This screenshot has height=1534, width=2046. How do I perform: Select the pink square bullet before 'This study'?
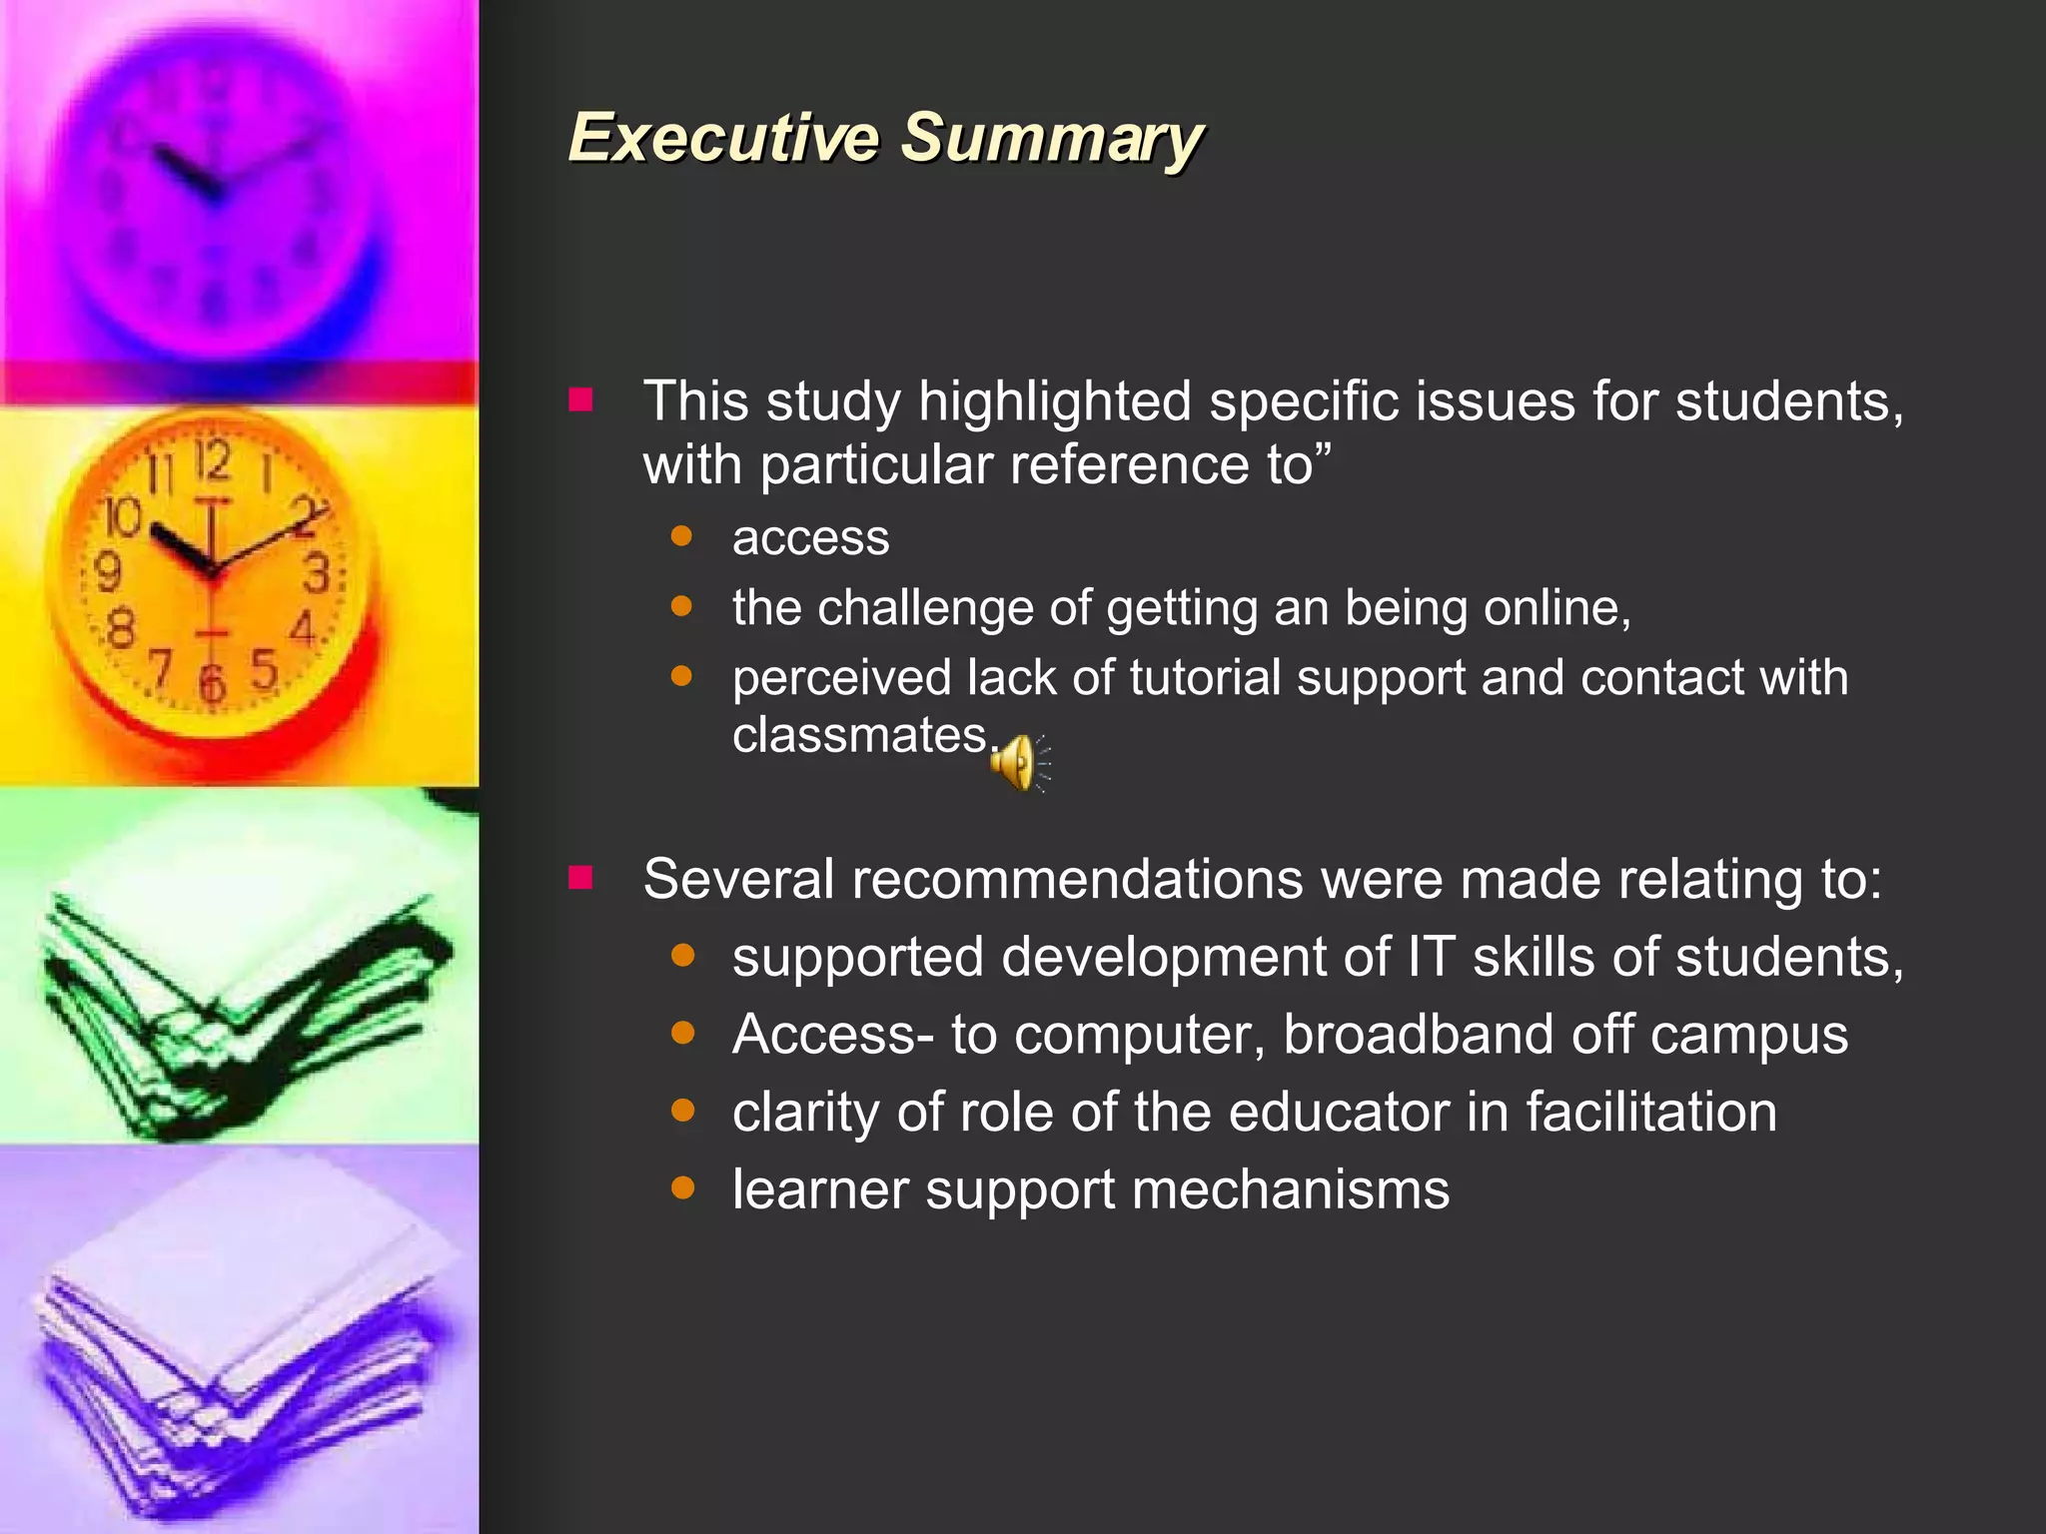tap(580, 400)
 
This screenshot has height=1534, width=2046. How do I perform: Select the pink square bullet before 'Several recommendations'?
tap(580, 878)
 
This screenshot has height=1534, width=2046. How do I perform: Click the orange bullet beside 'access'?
tap(682, 536)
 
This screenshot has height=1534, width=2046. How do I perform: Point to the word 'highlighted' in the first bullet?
tap(1054, 401)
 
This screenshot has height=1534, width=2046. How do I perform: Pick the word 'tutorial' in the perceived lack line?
tap(1205, 677)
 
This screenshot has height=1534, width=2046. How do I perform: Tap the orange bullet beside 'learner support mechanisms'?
tap(683, 1187)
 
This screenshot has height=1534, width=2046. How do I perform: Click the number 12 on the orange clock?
tap(213, 460)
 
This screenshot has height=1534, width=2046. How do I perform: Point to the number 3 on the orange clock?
tap(317, 574)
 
